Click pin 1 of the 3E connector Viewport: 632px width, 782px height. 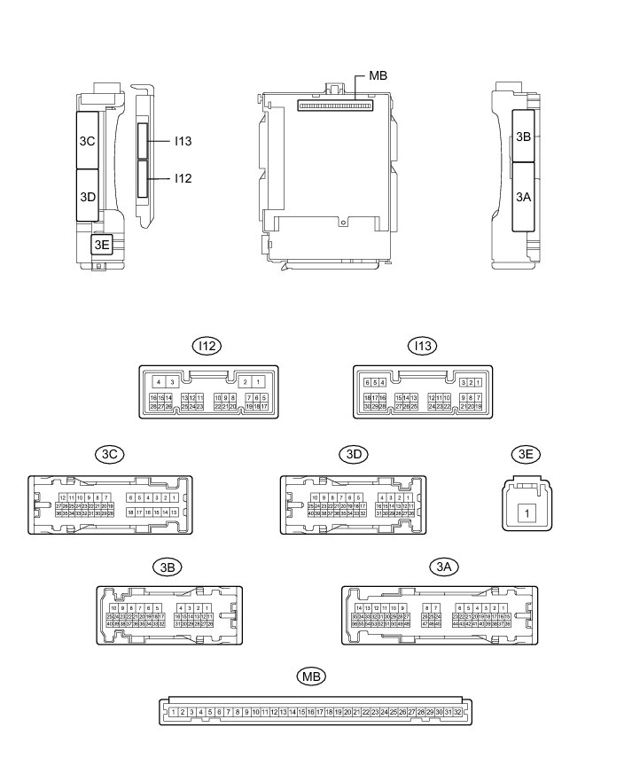[527, 512]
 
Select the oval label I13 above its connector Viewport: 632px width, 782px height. [421, 346]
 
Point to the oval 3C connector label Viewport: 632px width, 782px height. [111, 454]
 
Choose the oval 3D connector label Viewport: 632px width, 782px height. [352, 454]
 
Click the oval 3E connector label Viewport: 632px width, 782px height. [527, 454]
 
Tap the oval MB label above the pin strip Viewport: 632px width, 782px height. [311, 676]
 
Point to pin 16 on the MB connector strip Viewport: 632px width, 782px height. [310, 712]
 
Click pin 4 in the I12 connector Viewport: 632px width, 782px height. [158, 381]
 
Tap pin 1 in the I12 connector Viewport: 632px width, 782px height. [258, 381]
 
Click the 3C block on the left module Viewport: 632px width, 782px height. [87, 140]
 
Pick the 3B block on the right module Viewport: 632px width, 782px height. [524, 137]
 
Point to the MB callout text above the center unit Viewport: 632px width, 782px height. [378, 75]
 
